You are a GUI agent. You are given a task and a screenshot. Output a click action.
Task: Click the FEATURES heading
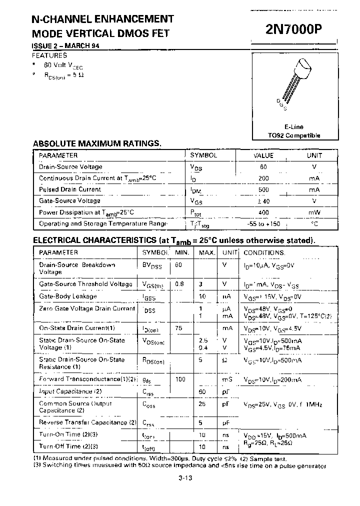[49, 55]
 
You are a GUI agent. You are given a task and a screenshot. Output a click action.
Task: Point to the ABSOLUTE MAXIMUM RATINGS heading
[97, 143]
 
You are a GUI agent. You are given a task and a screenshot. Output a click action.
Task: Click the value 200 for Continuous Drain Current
[263, 178]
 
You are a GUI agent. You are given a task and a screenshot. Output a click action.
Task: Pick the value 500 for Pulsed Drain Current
[263, 190]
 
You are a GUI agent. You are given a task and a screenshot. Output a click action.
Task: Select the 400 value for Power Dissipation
[263, 212]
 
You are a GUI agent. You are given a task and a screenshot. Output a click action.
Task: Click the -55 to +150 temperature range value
[263, 224]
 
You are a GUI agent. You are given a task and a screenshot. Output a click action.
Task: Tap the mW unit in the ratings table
[314, 212]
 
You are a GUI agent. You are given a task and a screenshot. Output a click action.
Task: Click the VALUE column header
[263, 155]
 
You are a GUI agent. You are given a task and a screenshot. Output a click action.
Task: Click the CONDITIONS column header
[264, 253]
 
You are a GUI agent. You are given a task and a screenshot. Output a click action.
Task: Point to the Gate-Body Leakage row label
[67, 296]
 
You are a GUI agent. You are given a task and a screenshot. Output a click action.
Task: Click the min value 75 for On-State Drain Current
[179, 328]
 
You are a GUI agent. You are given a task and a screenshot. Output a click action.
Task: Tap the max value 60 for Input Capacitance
[202, 391]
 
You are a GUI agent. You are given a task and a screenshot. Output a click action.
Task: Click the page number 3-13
[185, 477]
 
